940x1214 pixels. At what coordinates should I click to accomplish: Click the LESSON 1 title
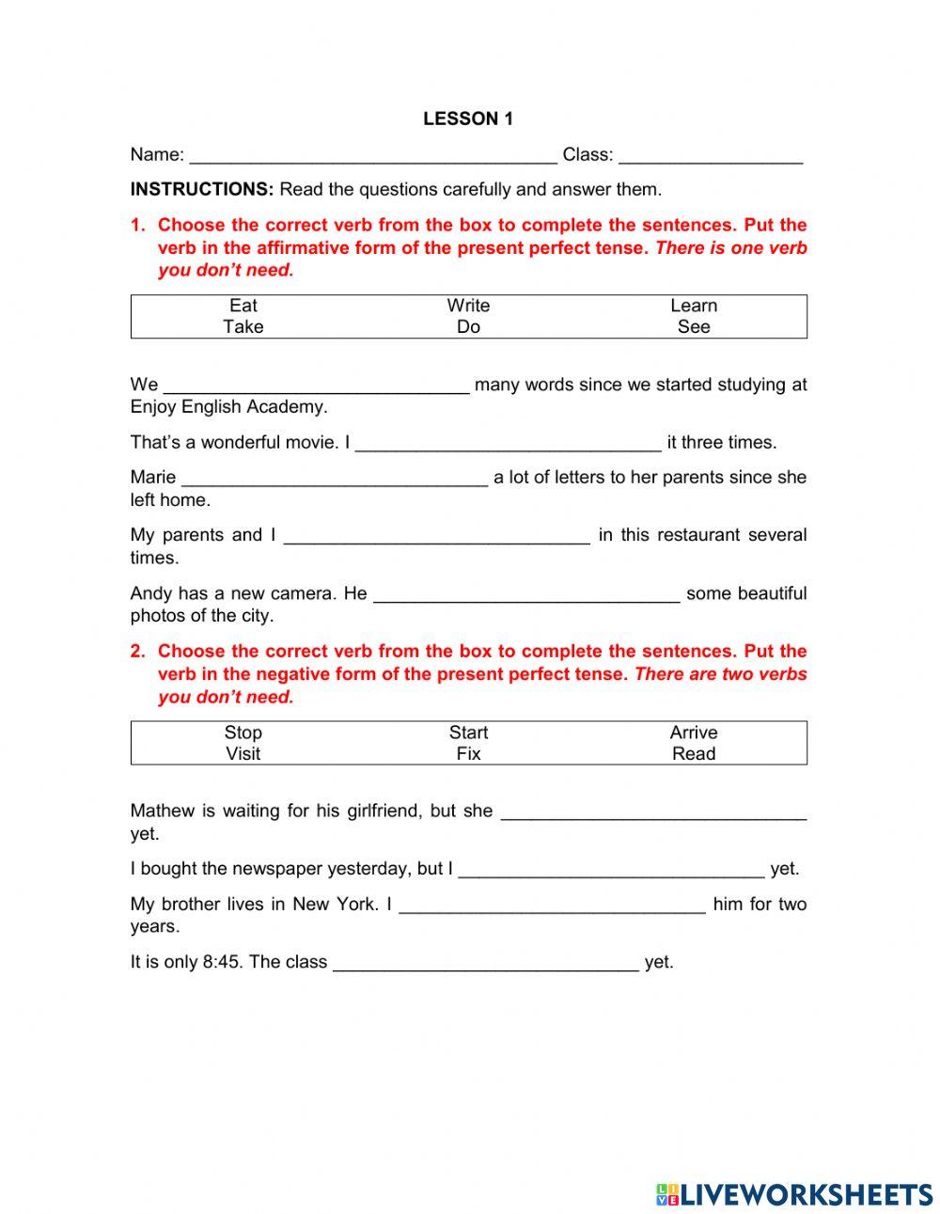point(468,118)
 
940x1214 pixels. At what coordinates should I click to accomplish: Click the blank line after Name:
point(372,156)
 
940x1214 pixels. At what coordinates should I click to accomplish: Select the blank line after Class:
point(711,156)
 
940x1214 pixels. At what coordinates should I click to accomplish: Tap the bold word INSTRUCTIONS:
point(201,189)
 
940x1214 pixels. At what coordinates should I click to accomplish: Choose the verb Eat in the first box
point(243,306)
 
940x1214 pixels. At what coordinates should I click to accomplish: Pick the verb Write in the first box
point(468,306)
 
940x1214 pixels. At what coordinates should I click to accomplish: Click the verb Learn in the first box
point(694,306)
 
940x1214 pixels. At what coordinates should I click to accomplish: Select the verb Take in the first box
point(243,327)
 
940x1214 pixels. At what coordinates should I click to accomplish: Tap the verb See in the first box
point(694,327)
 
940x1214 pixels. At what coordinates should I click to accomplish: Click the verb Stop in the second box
point(243,733)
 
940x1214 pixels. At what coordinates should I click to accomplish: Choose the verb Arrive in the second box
point(694,733)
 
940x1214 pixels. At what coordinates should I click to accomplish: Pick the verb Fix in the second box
point(468,754)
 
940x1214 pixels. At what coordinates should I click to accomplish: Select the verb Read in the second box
point(694,754)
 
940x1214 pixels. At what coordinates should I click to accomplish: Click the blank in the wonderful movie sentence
point(509,444)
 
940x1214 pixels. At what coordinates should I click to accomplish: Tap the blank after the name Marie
point(335,479)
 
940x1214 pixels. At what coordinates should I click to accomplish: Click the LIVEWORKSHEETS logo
point(794,1194)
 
